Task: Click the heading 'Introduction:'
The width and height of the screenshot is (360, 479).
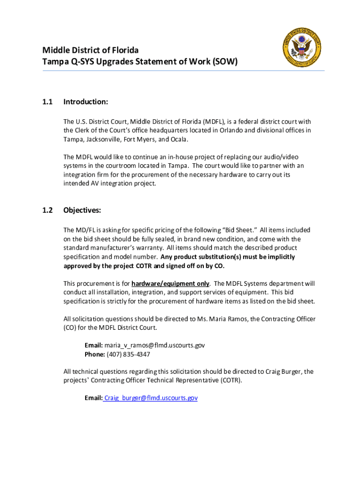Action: pos(86,102)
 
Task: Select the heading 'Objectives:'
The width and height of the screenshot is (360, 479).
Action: pos(82,210)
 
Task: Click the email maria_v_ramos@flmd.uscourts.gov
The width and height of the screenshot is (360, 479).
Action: pos(155,345)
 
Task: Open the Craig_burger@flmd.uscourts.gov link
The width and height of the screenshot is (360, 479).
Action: pos(151,398)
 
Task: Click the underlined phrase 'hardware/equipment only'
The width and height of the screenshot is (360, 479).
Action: pos(171,283)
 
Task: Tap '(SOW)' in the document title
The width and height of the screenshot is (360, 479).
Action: pos(226,61)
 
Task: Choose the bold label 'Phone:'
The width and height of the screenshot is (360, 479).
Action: pos(95,354)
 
